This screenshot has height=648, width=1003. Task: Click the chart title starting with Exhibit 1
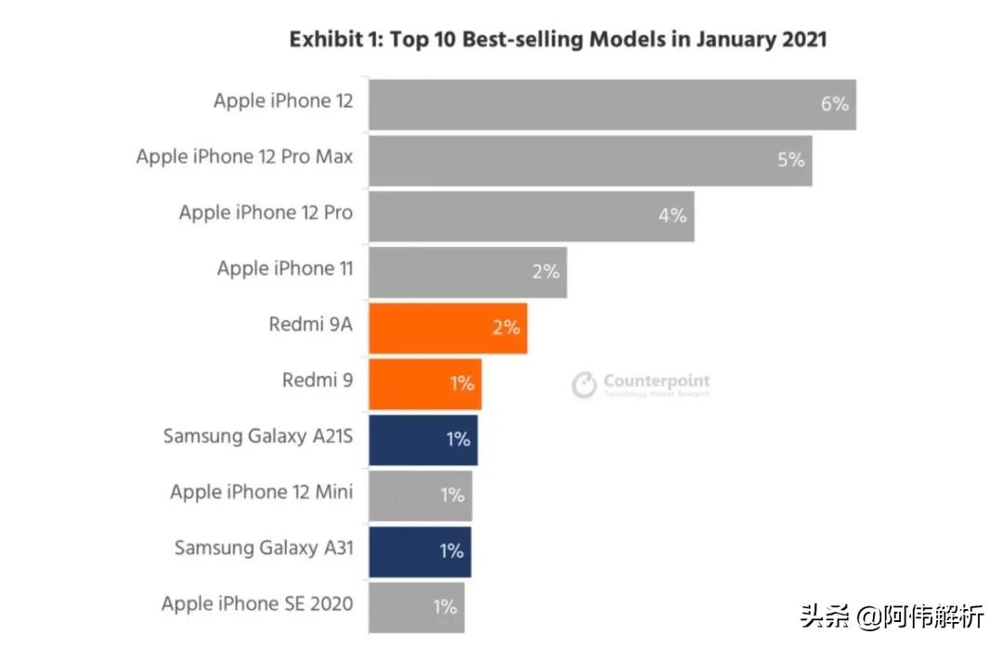(x=557, y=39)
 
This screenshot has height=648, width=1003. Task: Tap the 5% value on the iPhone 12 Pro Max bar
(x=790, y=160)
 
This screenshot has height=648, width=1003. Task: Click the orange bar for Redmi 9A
(x=448, y=328)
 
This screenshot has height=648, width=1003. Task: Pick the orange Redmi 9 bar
(x=424, y=383)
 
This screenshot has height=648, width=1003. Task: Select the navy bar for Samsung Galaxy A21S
(x=423, y=439)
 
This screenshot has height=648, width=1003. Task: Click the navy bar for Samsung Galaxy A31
(x=419, y=551)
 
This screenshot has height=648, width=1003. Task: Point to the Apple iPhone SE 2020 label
(x=257, y=604)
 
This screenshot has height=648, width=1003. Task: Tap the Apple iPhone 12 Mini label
(x=261, y=492)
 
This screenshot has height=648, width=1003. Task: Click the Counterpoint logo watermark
(x=641, y=384)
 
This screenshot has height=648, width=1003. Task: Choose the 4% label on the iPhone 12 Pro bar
(x=672, y=215)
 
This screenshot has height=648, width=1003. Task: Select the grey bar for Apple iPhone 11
(x=467, y=272)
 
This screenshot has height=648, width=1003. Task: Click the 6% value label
(x=834, y=104)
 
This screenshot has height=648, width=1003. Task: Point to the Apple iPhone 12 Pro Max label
(x=244, y=157)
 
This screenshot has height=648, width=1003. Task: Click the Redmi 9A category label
(x=310, y=325)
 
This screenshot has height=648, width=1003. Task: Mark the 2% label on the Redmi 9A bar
(x=505, y=328)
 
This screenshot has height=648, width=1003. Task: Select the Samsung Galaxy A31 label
(x=264, y=548)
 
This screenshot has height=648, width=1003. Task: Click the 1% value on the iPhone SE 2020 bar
(x=444, y=608)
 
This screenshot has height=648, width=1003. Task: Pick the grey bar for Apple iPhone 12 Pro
(x=531, y=215)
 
